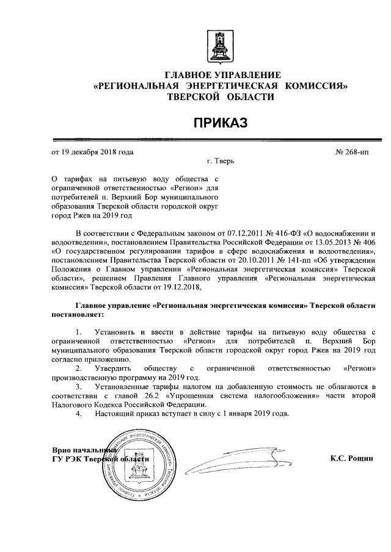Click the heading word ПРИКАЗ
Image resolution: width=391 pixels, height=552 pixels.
[219, 124]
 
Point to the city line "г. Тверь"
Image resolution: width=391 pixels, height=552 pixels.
[220, 162]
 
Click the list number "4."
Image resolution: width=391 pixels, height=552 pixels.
[78, 414]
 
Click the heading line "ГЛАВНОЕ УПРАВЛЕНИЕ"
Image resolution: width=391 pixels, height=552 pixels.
[219, 75]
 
